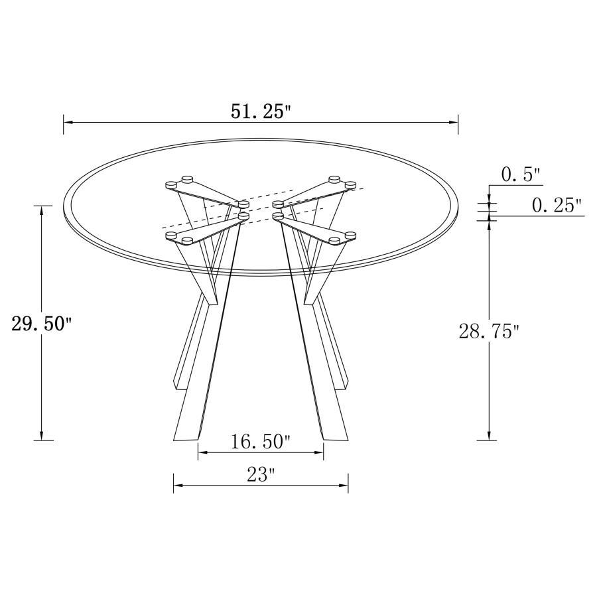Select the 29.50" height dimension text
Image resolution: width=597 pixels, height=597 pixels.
[41, 324]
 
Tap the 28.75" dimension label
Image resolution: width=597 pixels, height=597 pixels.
[489, 332]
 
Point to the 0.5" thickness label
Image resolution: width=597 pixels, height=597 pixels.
[521, 176]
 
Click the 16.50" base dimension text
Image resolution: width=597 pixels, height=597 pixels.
[261, 442]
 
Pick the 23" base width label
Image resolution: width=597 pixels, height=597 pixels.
[261, 475]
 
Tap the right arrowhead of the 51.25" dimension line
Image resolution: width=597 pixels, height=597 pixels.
[454, 123]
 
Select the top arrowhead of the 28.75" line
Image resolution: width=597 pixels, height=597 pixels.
[489, 223]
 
